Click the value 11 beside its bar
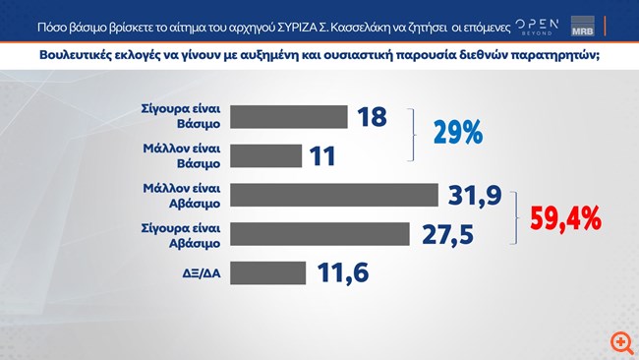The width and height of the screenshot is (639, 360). point(322,155)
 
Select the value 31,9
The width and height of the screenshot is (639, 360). point(470,195)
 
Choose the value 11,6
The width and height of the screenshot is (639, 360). point(342,272)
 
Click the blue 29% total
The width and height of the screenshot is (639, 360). point(459,133)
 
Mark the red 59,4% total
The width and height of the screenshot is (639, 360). point(564,217)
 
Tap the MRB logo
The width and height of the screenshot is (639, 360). point(609,24)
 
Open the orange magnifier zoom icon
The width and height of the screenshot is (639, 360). point(619,341)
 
